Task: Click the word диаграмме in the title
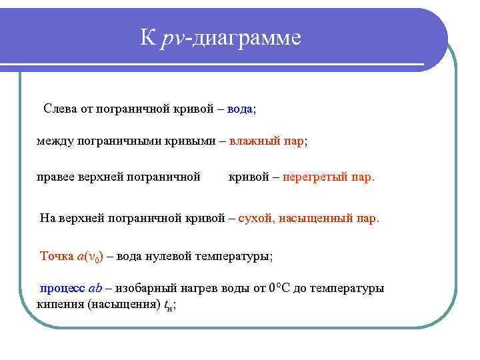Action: (x=247, y=38)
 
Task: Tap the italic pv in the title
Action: (x=172, y=38)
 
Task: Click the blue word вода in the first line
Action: (x=239, y=108)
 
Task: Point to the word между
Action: (x=55, y=141)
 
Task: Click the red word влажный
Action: (x=255, y=141)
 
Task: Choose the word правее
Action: (x=57, y=177)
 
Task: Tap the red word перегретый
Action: (x=314, y=177)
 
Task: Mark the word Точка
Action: (x=58, y=256)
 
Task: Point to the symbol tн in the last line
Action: (x=169, y=304)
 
